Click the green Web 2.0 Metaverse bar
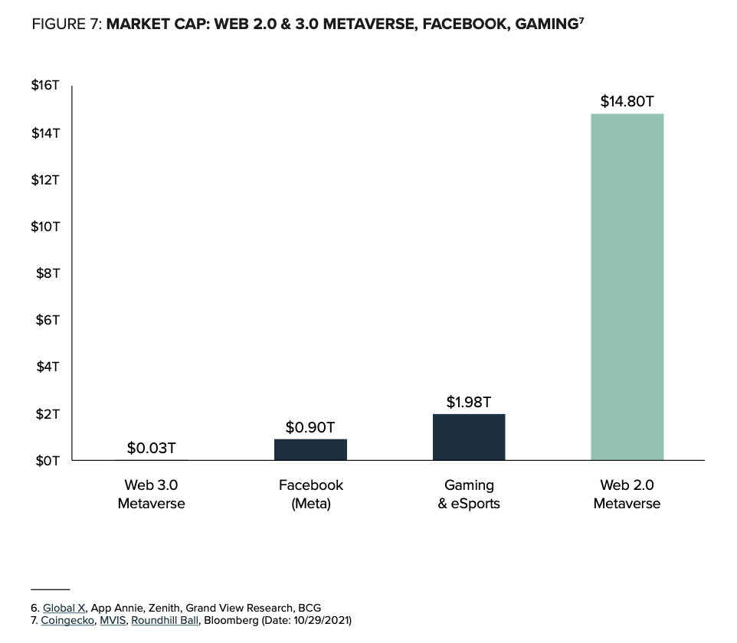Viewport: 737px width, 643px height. click(x=627, y=287)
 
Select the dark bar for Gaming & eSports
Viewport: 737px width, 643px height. click(x=469, y=437)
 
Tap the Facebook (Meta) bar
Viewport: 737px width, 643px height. click(x=310, y=449)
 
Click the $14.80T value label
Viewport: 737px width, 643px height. click(x=627, y=101)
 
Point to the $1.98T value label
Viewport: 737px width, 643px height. click(x=469, y=401)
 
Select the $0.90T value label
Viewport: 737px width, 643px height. click(x=310, y=426)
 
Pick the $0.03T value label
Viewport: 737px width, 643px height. click(x=152, y=448)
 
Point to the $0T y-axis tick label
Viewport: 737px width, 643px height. click(x=47, y=461)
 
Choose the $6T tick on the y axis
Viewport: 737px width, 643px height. click(x=47, y=320)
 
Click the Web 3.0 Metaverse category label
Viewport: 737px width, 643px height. click(x=152, y=494)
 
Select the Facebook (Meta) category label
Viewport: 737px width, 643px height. click(x=310, y=494)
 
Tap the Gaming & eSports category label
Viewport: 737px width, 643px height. click(x=469, y=494)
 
